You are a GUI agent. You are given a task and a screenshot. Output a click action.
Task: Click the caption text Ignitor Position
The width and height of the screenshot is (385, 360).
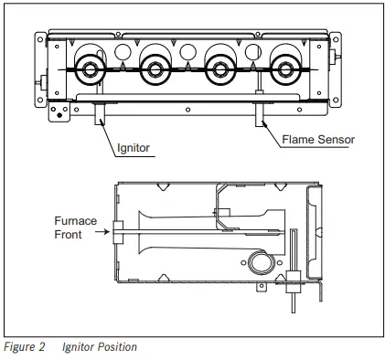pos(100,347)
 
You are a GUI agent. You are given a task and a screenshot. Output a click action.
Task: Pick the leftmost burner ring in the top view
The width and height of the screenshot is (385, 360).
pos(92,69)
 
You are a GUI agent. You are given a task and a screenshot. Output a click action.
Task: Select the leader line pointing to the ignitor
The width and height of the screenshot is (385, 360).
pos(108,132)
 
